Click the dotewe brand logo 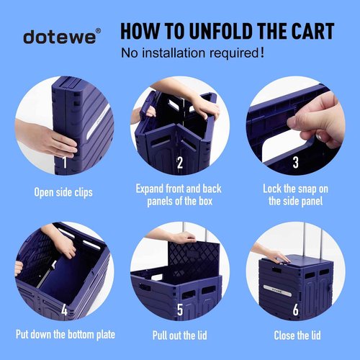point(58,37)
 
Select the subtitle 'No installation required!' point(192,53)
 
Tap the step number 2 point(180,162)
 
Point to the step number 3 point(296,162)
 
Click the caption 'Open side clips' point(63,192)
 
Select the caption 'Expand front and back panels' point(180,194)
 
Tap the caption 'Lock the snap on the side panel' point(296,194)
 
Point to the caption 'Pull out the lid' point(180,335)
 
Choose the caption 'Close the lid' point(296,335)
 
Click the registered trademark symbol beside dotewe point(99,31)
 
